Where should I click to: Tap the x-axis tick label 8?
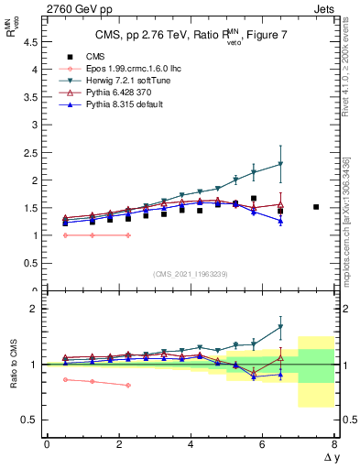(335, 445)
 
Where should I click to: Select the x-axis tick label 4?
(191, 445)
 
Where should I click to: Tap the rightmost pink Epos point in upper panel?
(128, 235)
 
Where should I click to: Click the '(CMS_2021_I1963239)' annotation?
(191, 273)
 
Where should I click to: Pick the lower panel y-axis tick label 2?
(35, 309)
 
